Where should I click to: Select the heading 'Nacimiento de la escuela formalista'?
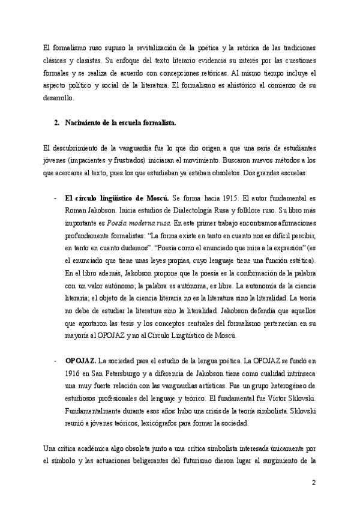tap(120, 122)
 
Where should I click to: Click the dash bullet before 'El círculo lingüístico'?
tap(56, 197)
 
